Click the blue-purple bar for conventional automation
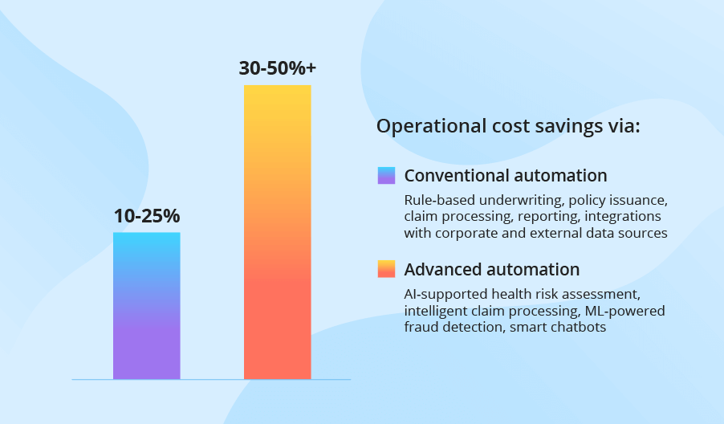[147, 305]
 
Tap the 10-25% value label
[147, 216]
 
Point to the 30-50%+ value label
[278, 68]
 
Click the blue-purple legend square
[386, 176]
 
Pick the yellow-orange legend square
[386, 269]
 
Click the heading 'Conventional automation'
[506, 176]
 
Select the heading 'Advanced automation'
[492, 269]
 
